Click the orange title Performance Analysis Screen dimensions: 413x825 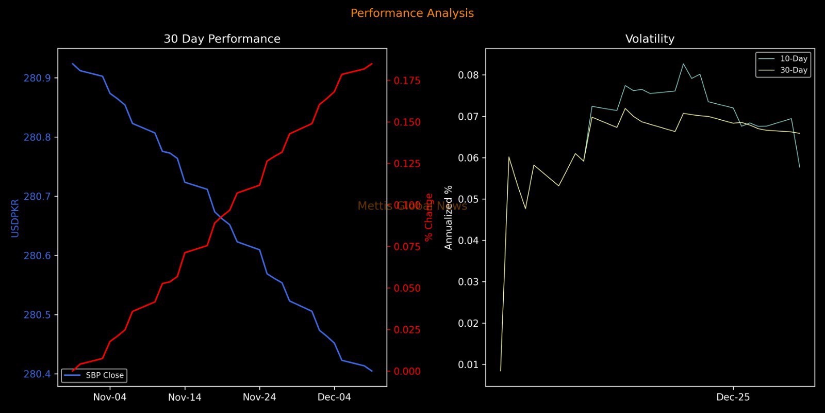pyautogui.click(x=412, y=13)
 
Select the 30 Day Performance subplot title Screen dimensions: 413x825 pyautogui.click(x=222, y=39)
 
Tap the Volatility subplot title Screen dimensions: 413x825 pyautogui.click(x=650, y=39)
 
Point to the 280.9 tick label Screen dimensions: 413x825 pyautogui.click(x=37, y=78)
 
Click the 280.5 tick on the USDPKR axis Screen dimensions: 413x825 pyautogui.click(x=37, y=315)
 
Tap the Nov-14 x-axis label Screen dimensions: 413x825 pyautogui.click(x=185, y=398)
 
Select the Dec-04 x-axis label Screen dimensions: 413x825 pyautogui.click(x=334, y=398)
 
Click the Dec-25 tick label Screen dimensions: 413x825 pyautogui.click(x=733, y=398)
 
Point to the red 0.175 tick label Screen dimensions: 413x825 pyautogui.click(x=407, y=81)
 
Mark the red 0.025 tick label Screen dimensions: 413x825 pyautogui.click(x=407, y=330)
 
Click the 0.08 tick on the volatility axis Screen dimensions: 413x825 pyautogui.click(x=468, y=75)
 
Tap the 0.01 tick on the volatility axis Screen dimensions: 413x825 pyautogui.click(x=468, y=365)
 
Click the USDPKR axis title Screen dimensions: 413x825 pyautogui.click(x=15, y=218)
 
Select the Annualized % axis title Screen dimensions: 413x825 pyautogui.click(x=449, y=217)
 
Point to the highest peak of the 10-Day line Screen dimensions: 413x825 pyautogui.click(x=683, y=64)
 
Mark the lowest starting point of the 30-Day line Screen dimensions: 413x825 pyautogui.click(x=501, y=371)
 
